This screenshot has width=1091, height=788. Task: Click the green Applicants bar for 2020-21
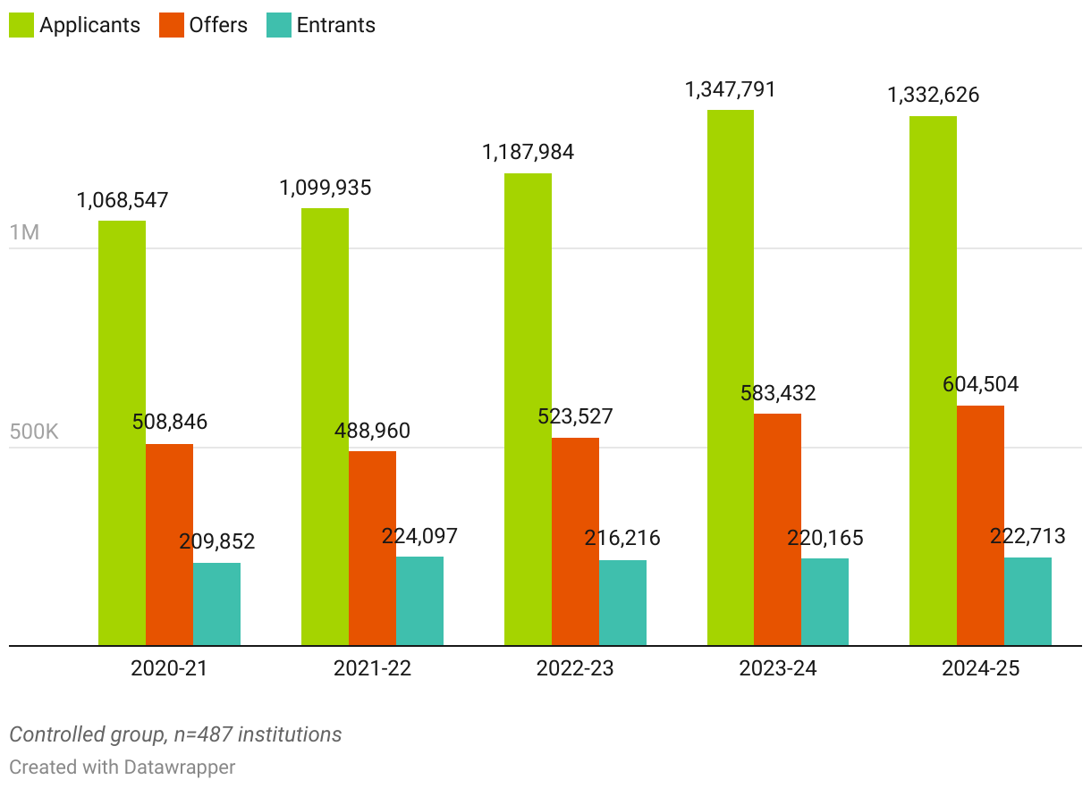click(x=122, y=432)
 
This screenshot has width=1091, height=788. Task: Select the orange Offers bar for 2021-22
click(x=372, y=548)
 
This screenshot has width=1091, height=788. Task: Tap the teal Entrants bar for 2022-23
click(x=622, y=602)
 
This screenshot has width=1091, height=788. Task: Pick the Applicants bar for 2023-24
click(x=731, y=377)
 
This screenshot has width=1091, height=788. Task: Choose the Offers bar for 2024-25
click(x=980, y=525)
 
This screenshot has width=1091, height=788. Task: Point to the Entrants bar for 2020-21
click(x=216, y=604)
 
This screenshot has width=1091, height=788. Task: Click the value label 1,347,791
click(x=731, y=89)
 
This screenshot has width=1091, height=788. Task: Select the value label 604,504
click(x=980, y=385)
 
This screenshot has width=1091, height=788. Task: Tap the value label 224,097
click(x=419, y=536)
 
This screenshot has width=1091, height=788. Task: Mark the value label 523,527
click(x=574, y=417)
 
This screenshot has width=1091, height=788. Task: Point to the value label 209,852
click(x=216, y=541)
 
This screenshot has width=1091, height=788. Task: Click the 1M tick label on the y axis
click(x=24, y=232)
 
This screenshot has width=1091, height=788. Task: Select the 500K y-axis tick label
click(x=34, y=432)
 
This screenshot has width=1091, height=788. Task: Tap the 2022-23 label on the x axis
click(x=575, y=668)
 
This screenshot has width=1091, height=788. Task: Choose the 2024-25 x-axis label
click(x=980, y=668)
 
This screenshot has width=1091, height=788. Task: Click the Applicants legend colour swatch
click(x=21, y=25)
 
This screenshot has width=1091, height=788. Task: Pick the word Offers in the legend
click(x=218, y=25)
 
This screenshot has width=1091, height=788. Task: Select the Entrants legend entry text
click(x=336, y=25)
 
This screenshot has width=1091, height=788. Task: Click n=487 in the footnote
click(x=209, y=734)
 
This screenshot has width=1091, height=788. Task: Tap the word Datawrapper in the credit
click(x=180, y=767)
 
